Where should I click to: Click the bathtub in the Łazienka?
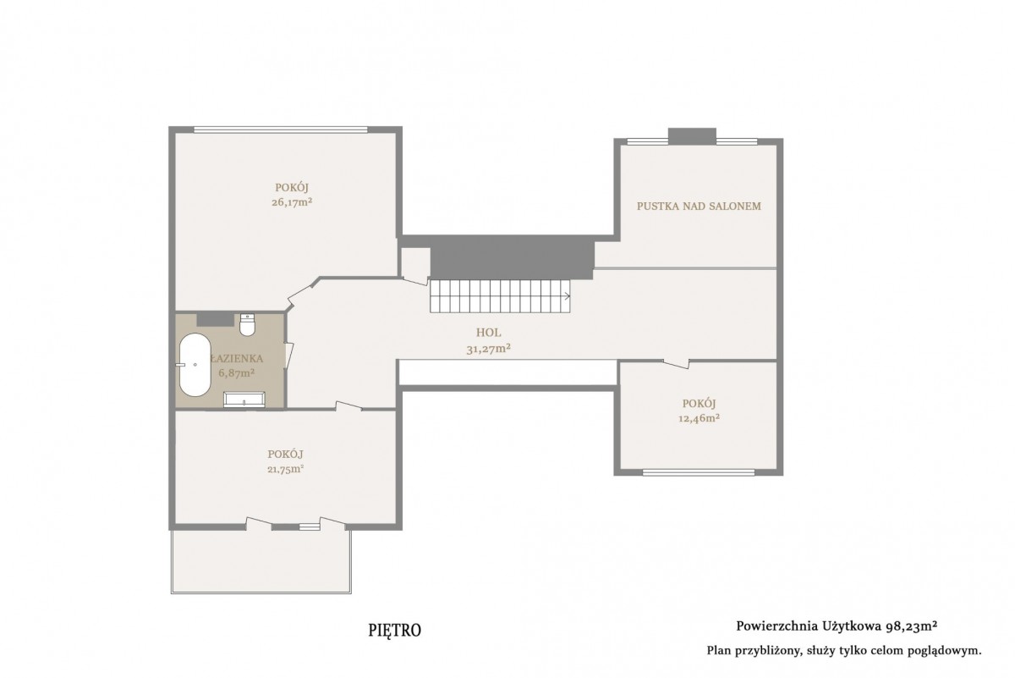coord(195,365)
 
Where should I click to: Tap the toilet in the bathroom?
coord(247,324)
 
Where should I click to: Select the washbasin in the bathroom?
coord(244,400)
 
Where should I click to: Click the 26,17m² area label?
coord(292,202)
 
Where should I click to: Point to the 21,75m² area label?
coord(286,469)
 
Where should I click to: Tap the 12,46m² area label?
coord(700,418)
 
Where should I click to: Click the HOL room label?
coord(489,333)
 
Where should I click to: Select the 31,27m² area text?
coord(489,349)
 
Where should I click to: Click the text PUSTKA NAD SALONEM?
coord(699,206)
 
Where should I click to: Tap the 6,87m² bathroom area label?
coord(236,372)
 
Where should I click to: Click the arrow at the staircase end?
coord(567,296)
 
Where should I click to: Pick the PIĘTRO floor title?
coord(395,631)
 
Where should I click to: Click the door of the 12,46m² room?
coord(676,364)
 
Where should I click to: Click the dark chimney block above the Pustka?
coord(692,136)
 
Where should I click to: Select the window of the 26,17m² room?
coord(281,130)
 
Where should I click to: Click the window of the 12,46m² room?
coord(699,472)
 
